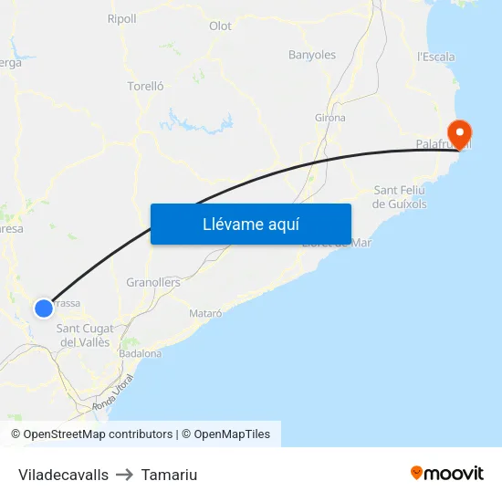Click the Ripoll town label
click(x=121, y=18)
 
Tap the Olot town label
click(x=220, y=26)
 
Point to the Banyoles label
click(x=312, y=55)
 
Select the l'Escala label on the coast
click(x=436, y=57)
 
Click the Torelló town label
click(x=145, y=87)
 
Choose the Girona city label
click(x=330, y=118)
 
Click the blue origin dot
click(x=44, y=309)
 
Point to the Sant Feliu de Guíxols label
click(x=400, y=197)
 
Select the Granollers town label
click(x=153, y=282)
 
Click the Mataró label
click(x=205, y=313)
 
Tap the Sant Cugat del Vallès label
click(x=85, y=335)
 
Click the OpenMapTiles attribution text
click(x=232, y=434)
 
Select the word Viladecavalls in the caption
click(x=63, y=475)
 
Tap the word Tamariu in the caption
click(x=169, y=475)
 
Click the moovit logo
click(x=446, y=473)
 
